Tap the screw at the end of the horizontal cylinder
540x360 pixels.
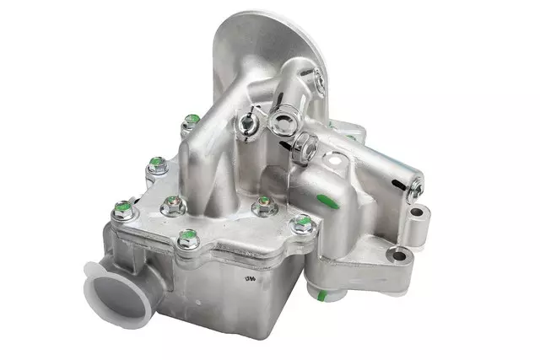[x=415, y=191]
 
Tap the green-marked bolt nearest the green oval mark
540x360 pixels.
[x=301, y=223]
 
